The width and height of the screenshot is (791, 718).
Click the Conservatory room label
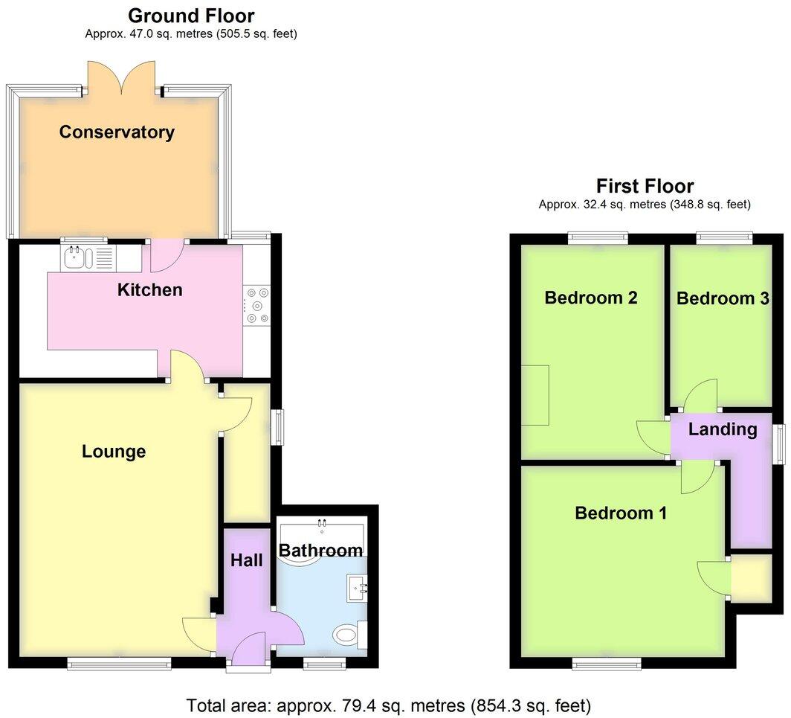coord(117,132)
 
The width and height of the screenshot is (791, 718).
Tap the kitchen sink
coord(88,258)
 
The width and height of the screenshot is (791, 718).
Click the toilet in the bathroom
coord(348,635)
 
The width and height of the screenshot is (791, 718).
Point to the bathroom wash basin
coord(358,589)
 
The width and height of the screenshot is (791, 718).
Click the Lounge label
coord(114,452)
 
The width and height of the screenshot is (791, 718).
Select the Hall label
coord(246,560)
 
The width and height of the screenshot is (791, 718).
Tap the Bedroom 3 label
coord(722,298)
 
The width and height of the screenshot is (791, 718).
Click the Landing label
coord(722,429)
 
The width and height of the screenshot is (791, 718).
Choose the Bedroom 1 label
coord(621,513)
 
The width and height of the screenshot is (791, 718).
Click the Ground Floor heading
coord(191,16)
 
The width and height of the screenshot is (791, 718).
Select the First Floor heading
coord(645,186)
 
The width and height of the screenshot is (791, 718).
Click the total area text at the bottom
coord(388,705)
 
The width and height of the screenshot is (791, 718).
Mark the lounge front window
coord(119,662)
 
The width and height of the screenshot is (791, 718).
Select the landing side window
coord(780,444)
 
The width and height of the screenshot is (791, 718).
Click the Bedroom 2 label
coord(591,298)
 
